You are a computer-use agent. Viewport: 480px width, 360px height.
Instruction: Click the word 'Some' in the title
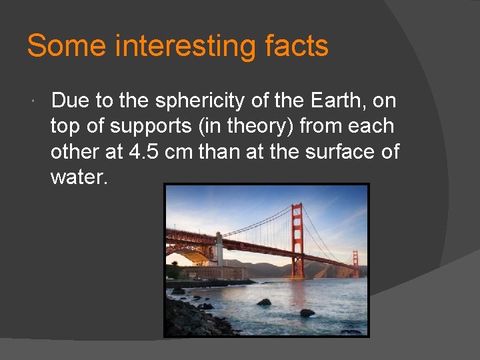click(67, 47)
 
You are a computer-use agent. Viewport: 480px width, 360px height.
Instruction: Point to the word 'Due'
click(69, 101)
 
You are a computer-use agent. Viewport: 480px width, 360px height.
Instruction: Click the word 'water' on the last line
click(76, 177)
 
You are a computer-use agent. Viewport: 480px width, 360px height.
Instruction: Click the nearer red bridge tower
click(297, 240)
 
